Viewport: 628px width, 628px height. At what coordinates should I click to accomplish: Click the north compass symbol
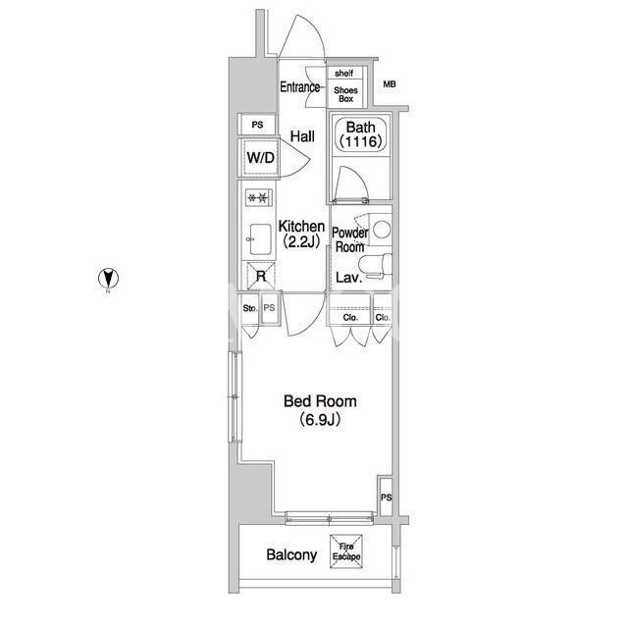coord(108,278)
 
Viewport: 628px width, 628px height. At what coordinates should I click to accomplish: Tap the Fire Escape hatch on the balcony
coord(346,551)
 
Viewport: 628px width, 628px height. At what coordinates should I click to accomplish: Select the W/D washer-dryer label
coord(261,157)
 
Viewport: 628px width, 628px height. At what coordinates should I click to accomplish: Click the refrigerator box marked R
coord(261,276)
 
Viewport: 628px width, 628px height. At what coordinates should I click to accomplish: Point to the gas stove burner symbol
coord(259,197)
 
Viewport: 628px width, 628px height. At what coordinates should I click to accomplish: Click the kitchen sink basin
coord(261,239)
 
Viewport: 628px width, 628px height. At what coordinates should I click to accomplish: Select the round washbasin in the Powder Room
coord(382,230)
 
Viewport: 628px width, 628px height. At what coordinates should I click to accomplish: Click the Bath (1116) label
coord(360,134)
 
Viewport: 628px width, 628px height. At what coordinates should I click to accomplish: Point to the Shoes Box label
coord(345,94)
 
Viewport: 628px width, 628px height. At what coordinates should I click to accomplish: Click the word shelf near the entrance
coord(344,73)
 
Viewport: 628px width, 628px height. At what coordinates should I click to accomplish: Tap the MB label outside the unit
coord(390,84)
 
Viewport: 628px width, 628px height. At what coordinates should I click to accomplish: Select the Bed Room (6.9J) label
coord(320,410)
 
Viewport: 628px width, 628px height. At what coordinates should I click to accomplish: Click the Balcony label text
coord(291,554)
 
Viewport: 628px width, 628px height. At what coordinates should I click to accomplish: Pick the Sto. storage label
coord(250,308)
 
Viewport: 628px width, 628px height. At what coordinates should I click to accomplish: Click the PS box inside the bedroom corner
coord(386,497)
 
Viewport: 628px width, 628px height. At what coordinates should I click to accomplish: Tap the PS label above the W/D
coord(257,125)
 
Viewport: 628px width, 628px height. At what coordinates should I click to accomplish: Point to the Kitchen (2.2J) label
coord(301,234)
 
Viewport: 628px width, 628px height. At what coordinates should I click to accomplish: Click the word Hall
coord(302,136)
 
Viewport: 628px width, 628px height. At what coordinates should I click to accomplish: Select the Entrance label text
coord(300,87)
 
